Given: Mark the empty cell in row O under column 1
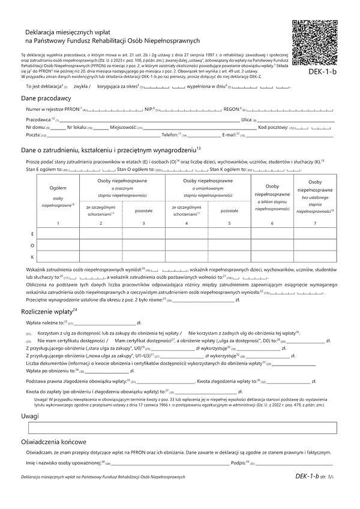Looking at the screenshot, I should [x=58, y=245].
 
